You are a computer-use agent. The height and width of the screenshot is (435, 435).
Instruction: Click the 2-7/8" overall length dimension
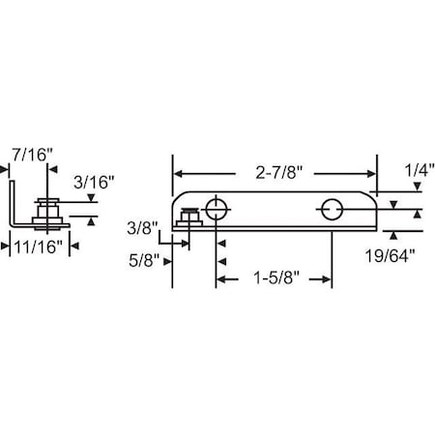click(279, 173)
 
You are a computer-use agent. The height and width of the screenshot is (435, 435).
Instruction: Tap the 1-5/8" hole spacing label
click(276, 277)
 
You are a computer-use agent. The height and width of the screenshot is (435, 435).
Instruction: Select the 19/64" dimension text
click(390, 256)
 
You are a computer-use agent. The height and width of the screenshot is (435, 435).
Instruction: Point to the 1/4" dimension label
click(420, 170)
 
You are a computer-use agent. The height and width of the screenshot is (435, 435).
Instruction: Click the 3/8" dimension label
click(142, 228)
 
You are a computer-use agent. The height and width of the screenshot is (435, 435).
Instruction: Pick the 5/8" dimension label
click(144, 260)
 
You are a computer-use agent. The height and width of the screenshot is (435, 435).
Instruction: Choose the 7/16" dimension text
click(32, 155)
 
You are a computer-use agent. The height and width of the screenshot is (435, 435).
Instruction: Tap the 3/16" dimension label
click(94, 183)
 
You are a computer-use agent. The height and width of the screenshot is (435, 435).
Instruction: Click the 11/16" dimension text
click(38, 247)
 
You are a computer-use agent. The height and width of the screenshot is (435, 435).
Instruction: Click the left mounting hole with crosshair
click(216, 210)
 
